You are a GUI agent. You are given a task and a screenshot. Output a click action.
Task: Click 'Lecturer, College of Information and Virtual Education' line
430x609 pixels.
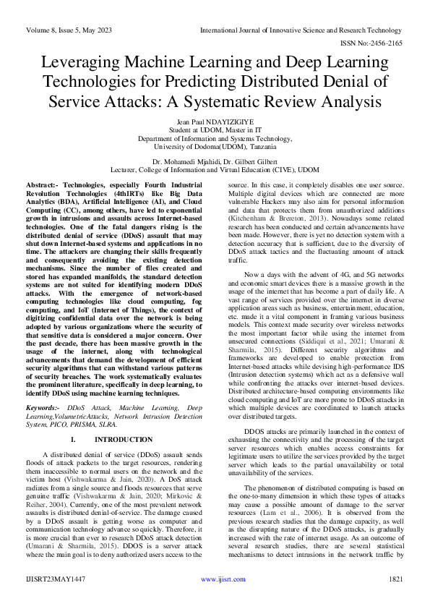215,170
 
